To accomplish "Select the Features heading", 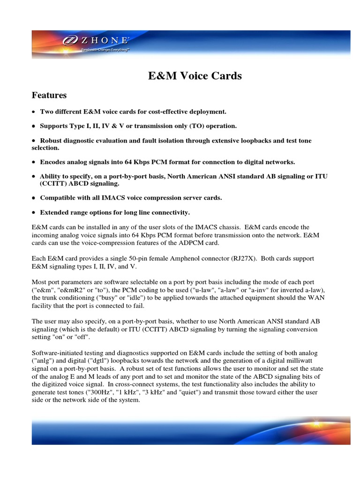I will [x=49, y=95].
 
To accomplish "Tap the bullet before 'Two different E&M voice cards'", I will [x=34, y=112].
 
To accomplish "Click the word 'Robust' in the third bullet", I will [x=52, y=141].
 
